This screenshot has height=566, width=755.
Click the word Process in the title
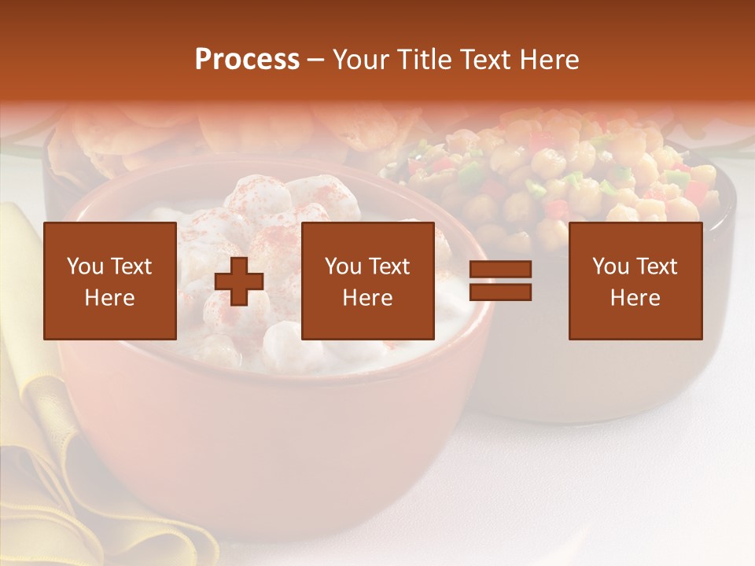247,60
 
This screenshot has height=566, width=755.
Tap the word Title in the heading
425,60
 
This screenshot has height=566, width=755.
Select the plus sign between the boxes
239,281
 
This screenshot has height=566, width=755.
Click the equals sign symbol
500,281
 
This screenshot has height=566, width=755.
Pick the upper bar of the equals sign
500,270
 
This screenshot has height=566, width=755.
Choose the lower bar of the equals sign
500,292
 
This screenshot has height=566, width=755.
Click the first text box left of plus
109,281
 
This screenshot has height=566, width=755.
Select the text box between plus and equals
367,281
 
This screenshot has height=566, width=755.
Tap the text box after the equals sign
635,281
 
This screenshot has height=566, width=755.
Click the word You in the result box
610,266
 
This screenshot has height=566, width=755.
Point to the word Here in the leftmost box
109,298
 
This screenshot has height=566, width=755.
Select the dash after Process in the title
315,60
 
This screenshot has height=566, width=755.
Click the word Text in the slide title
484,60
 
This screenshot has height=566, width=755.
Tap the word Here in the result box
635,298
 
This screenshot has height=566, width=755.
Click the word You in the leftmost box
85,266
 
